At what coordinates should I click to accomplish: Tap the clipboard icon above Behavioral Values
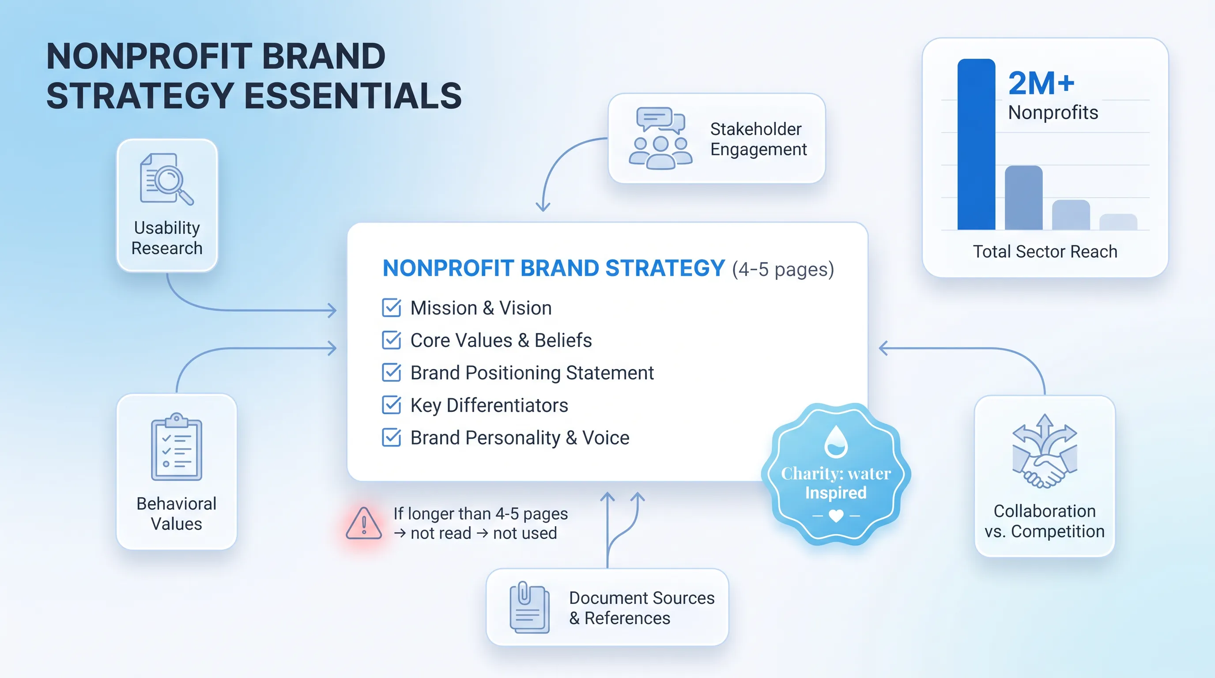177,447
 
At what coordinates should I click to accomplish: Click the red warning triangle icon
364,524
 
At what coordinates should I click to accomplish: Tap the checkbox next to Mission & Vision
392,308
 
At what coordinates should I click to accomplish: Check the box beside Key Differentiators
392,405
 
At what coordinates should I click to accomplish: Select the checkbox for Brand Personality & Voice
392,437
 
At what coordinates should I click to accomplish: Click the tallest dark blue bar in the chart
976,144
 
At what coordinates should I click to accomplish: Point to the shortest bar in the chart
1118,222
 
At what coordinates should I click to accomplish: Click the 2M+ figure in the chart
1041,83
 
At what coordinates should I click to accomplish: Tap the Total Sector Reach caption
1045,251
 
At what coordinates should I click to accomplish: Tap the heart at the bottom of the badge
836,516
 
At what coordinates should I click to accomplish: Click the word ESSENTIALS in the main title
353,96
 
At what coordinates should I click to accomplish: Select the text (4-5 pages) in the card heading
783,270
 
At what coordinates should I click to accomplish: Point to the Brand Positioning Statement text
532,373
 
